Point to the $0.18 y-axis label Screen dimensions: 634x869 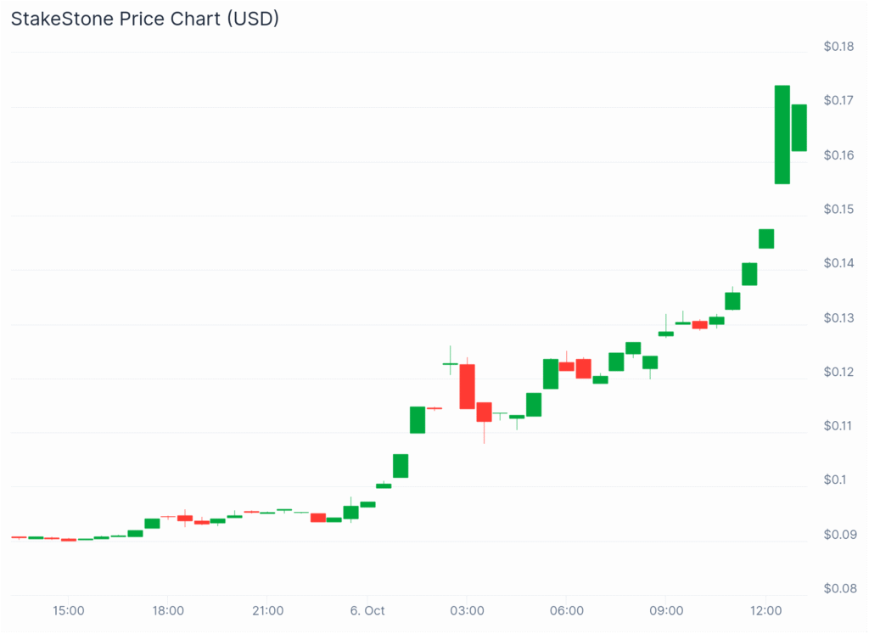coord(838,46)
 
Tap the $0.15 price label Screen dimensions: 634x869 coord(838,209)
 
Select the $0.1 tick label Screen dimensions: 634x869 coord(835,480)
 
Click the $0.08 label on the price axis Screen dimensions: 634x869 coord(838,588)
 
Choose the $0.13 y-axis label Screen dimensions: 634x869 coord(838,317)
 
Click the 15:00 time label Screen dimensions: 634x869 coord(69,610)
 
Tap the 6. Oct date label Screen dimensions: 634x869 coord(367,610)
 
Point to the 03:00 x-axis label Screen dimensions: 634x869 coord(467,610)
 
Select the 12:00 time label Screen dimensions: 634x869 coord(765,610)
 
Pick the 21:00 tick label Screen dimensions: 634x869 coord(267,610)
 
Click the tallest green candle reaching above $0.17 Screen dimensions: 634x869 coord(782,134)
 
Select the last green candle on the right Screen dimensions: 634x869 coord(799,127)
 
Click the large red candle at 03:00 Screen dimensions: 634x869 coord(467,386)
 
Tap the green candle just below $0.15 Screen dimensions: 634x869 coord(766,238)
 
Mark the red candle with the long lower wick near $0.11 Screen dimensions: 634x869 coord(484,412)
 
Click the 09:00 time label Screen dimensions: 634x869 coord(666,610)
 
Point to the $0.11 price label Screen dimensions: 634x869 coord(838,425)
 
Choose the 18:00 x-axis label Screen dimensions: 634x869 coord(168,610)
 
